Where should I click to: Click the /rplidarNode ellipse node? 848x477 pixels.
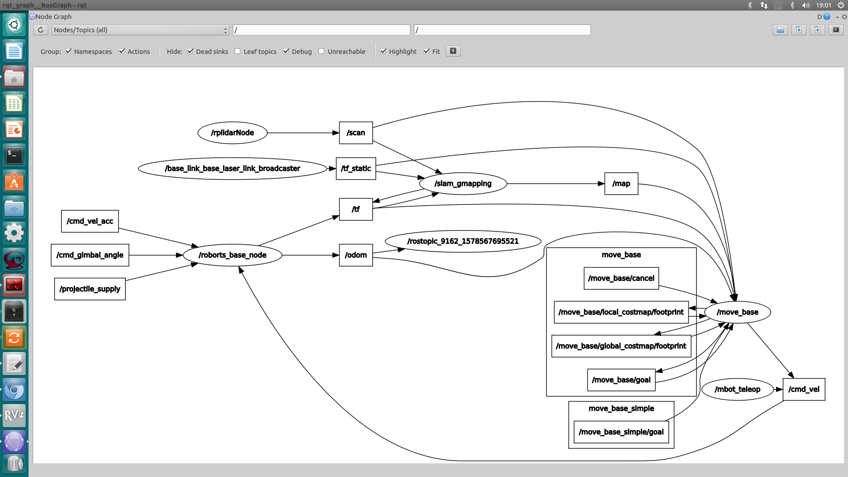tap(232, 132)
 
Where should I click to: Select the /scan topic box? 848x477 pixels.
tap(356, 132)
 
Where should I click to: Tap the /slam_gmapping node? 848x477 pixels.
tap(462, 183)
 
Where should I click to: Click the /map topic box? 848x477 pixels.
tap(621, 183)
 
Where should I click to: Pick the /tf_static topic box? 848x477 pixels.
tap(356, 168)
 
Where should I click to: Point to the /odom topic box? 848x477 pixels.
tap(356, 255)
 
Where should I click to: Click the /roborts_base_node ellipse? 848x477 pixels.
tap(232, 255)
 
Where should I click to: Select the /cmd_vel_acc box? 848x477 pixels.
tap(90, 221)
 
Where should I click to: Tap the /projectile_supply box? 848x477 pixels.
tap(90, 289)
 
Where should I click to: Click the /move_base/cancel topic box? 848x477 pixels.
tap(621, 278)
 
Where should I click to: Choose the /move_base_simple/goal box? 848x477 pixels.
tap(621, 432)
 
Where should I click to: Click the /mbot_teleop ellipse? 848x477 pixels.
tap(737, 389)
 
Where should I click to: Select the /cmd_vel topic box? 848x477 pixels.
tap(803, 389)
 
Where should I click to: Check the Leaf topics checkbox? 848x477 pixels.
tap(238, 51)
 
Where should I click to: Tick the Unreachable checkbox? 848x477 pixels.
tap(322, 51)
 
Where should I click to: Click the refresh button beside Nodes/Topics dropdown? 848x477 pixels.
tap(41, 30)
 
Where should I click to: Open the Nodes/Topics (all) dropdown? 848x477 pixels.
tap(140, 30)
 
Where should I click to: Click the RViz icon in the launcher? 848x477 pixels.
tap(14, 415)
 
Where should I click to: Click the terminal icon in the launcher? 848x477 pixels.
tap(14, 155)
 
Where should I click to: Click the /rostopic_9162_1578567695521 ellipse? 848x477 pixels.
tap(462, 241)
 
